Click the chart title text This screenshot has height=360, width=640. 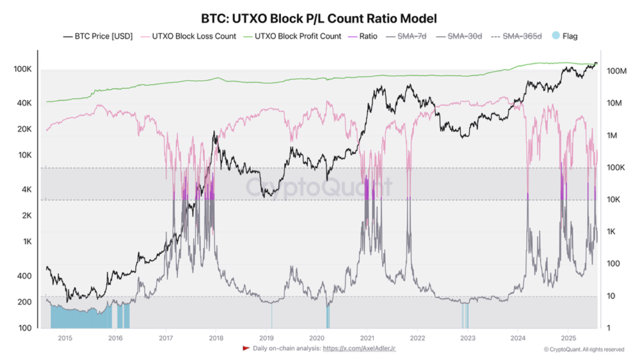(x=319, y=18)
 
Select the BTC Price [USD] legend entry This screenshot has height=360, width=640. (x=98, y=36)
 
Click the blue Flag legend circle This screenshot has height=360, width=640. (x=555, y=36)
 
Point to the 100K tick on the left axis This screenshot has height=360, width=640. (x=22, y=69)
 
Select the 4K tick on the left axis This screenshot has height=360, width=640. (x=25, y=189)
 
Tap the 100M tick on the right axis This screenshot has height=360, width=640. (x=616, y=71)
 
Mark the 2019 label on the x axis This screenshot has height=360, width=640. (x=266, y=337)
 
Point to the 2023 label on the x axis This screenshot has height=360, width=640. (x=467, y=337)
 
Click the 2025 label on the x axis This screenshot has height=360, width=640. (x=568, y=337)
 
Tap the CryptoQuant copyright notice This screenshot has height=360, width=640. (x=583, y=349)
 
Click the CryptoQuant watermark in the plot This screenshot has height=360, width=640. (x=319, y=187)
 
